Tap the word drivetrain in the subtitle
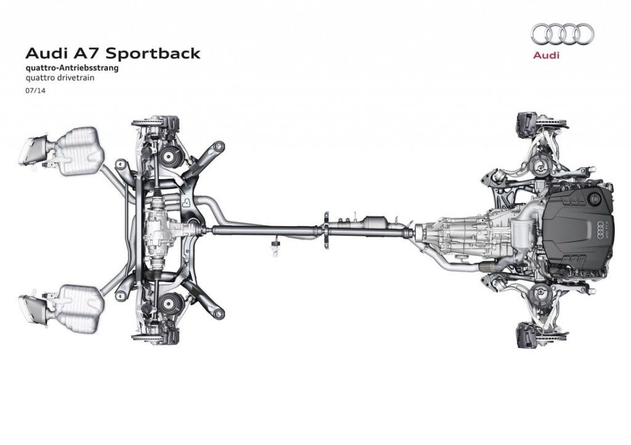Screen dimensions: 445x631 (x=70, y=78)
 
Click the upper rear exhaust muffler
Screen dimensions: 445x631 (x=77, y=145)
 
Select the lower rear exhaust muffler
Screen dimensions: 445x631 (x=77, y=300)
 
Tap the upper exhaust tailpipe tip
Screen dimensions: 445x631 (x=32, y=148)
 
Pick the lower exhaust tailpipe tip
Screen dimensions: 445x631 (x=32, y=304)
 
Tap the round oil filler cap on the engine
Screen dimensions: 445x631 (x=595, y=198)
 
